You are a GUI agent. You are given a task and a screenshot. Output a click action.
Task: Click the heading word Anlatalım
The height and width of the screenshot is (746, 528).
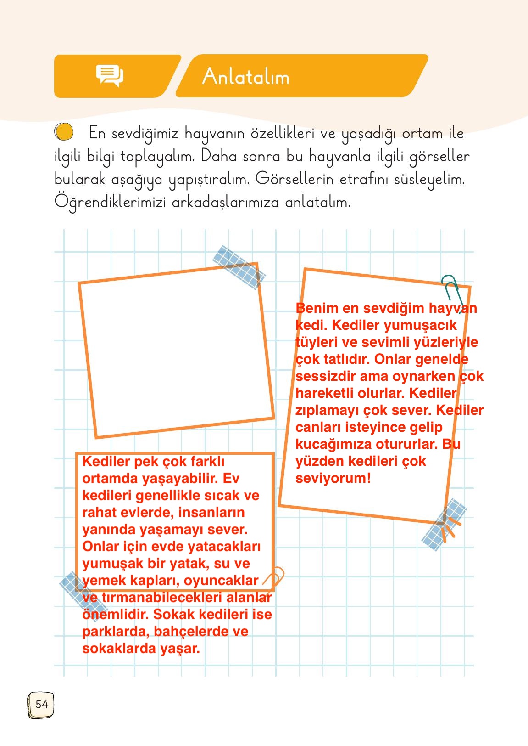(x=246, y=76)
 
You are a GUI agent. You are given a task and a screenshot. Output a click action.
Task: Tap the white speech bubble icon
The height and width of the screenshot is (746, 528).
(x=110, y=75)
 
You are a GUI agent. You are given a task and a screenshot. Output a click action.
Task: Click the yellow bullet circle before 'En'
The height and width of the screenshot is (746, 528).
(x=64, y=132)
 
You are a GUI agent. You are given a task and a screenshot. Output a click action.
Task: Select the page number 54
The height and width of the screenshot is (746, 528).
(x=41, y=705)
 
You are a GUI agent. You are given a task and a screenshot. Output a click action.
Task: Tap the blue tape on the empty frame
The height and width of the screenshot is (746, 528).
(x=239, y=267)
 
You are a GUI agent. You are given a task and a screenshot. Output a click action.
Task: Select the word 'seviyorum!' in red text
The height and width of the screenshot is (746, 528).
(x=333, y=478)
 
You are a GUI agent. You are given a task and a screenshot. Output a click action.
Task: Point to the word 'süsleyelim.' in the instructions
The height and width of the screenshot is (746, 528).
(x=429, y=179)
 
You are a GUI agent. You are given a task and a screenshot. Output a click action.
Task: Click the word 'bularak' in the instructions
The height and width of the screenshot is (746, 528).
(x=79, y=179)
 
